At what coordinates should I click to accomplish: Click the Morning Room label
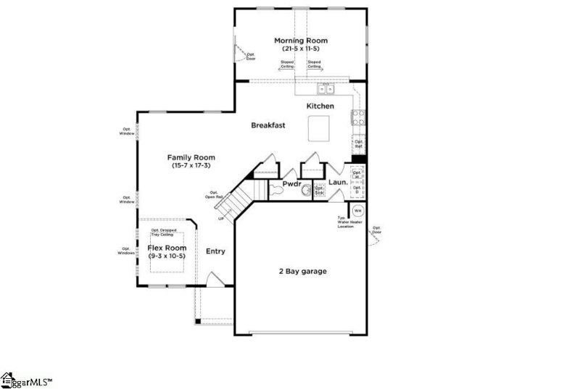300,40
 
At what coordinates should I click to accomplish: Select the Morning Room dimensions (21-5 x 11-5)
300,49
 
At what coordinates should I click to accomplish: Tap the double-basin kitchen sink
326,90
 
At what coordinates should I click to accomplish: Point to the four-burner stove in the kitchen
358,117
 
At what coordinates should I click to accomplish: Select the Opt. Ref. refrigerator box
358,143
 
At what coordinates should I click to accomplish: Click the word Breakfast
268,125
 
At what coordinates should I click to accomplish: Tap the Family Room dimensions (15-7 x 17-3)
191,167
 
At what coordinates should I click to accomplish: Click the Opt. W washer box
357,175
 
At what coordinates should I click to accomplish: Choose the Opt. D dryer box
357,189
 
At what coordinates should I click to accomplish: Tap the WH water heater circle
357,211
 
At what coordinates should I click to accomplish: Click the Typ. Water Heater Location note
345,222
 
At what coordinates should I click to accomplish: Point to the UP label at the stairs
220,219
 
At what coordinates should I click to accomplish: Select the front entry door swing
212,278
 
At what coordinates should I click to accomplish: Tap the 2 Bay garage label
302,272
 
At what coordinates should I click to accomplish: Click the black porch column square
198,322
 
